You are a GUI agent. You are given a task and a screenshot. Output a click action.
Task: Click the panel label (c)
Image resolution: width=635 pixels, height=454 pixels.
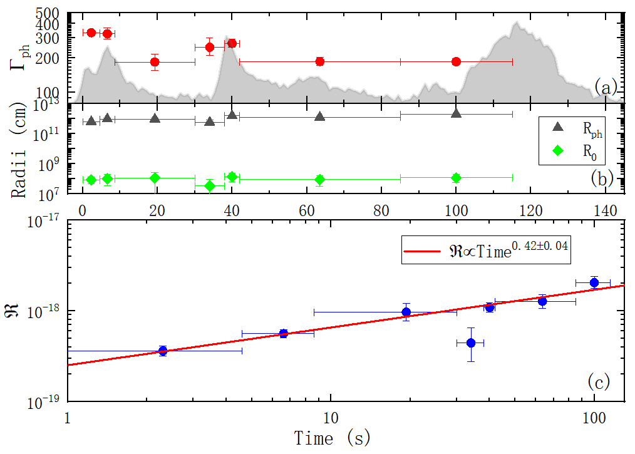pos(600,380)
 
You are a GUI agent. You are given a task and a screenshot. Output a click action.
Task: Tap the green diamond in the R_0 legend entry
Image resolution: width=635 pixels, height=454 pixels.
pos(559,150)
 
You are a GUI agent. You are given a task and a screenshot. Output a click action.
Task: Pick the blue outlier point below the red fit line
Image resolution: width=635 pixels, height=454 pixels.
pos(471,343)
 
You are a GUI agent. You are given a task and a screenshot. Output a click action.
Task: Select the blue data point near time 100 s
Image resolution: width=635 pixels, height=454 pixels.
pos(594,282)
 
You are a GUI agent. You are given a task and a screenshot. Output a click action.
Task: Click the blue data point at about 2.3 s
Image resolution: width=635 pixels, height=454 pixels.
pos(163,351)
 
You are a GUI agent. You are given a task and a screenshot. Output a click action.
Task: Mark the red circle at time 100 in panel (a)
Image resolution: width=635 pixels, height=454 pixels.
pos(456,61)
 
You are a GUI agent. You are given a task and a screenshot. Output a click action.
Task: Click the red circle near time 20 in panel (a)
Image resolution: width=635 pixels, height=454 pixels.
pos(155,62)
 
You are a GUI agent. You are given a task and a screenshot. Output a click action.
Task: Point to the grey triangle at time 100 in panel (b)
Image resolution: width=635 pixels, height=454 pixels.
pos(456,113)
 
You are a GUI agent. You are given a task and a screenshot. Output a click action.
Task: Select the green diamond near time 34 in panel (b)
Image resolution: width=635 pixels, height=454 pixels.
pos(210,185)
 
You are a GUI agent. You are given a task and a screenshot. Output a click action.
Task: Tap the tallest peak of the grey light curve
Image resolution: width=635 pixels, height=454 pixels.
pos(517,23)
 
